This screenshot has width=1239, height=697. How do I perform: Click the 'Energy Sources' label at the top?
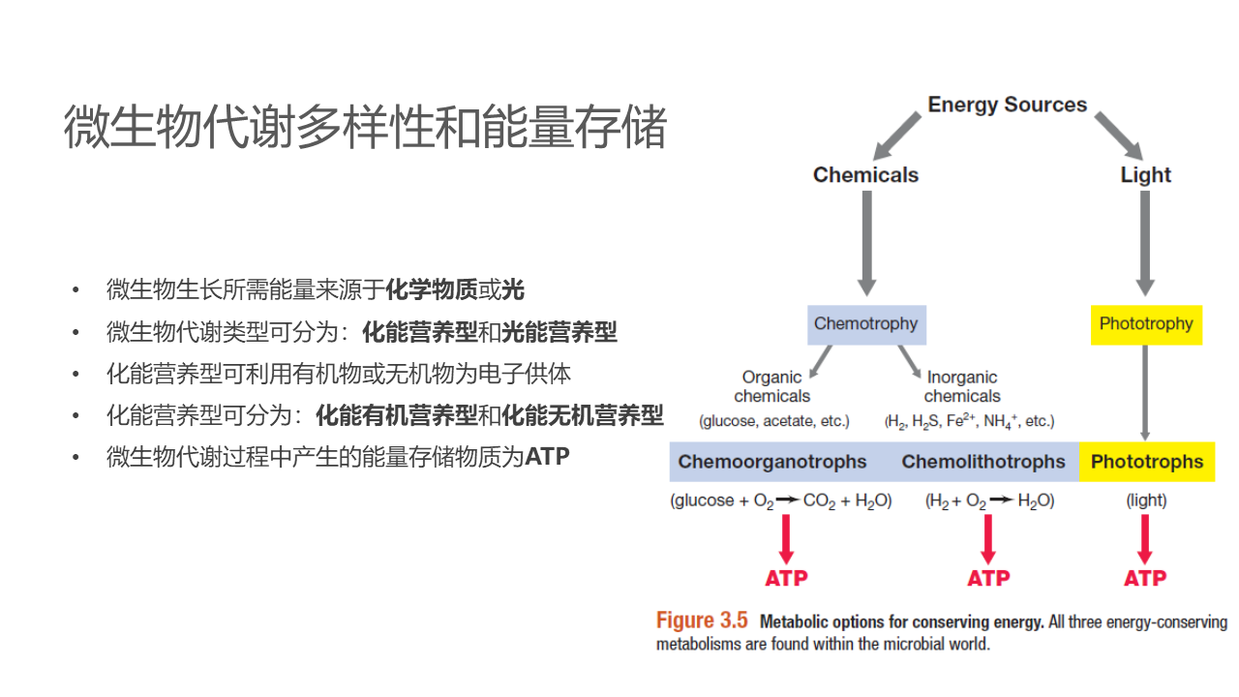(x=1007, y=105)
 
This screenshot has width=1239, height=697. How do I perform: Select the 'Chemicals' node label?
(x=865, y=175)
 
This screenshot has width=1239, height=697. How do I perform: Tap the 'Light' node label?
(x=1145, y=175)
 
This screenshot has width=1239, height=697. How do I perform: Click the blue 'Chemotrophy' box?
(x=866, y=324)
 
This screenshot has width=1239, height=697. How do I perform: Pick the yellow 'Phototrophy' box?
(x=1146, y=324)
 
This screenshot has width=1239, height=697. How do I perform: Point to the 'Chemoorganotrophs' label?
(x=772, y=462)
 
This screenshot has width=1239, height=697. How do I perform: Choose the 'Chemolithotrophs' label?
(x=982, y=462)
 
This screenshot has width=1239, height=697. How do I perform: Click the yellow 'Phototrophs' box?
(x=1147, y=462)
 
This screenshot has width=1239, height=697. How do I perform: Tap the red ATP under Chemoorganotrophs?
(x=786, y=578)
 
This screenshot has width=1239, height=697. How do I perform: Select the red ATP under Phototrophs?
(x=1145, y=578)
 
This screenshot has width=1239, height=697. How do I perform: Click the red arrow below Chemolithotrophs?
(x=987, y=538)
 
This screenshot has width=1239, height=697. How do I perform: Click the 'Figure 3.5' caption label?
(x=702, y=621)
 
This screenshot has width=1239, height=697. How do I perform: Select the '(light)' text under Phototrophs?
(x=1146, y=500)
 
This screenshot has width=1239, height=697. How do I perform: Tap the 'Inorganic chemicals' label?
(x=961, y=386)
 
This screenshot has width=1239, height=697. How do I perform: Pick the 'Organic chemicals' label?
(x=771, y=386)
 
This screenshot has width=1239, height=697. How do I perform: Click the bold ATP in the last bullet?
(x=547, y=457)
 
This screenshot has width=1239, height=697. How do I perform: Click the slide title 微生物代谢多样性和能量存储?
(x=365, y=128)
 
